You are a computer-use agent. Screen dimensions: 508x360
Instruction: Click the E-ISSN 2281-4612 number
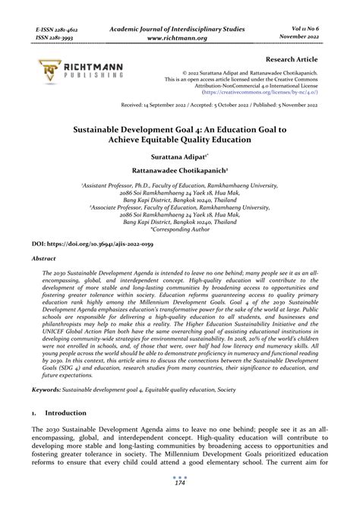point(56,29)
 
